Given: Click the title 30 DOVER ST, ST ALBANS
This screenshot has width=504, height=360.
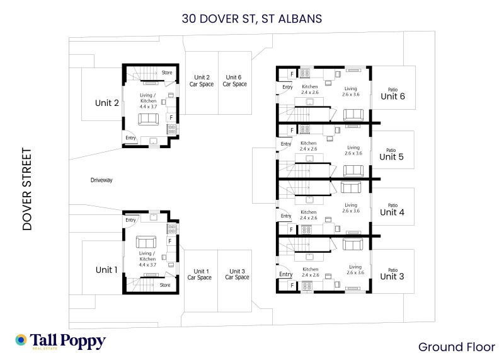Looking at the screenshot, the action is pos(251,19).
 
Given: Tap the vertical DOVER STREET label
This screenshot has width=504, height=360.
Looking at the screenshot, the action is pos(27,189).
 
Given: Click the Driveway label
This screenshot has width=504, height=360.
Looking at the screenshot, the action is pos(101,180).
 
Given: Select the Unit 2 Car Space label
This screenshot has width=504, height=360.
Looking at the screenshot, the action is pos(202,81).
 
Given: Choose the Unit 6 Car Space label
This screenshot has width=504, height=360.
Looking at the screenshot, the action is pos(234,81).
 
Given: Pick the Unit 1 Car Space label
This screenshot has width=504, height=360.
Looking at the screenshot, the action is pos(200,274).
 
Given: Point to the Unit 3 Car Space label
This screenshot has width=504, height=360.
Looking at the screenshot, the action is pos(238,274).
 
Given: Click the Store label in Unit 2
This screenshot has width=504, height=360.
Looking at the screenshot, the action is pos(167,73).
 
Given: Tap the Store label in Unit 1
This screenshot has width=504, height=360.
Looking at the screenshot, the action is pos(165,285).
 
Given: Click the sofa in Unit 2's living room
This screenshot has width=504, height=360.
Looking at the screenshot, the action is pos(148,119).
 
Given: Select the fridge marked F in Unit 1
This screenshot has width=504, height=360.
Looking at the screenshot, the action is pos(170,241).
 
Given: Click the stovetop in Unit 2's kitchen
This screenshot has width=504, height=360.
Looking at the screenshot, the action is pos(171,129).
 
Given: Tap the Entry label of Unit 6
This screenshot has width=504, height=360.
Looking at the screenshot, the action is pos(287,87).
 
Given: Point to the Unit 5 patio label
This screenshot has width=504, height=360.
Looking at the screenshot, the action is pos(391,154).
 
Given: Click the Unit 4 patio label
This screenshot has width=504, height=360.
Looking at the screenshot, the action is pos(392,210).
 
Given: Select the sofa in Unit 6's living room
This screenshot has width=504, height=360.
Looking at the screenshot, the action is pos(353,115).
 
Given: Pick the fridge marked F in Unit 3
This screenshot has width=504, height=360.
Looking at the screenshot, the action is pos(292,286).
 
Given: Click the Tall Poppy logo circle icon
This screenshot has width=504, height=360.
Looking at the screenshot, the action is pos(21,340).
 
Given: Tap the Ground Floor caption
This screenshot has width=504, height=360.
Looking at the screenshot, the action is pos(456,347).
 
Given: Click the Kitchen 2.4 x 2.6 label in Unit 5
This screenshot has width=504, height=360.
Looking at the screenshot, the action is pos(308,146).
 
